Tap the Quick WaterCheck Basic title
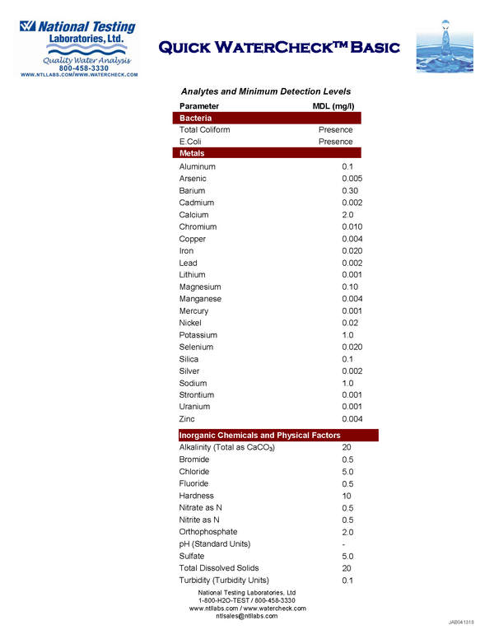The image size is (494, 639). point(279,47)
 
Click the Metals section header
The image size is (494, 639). point(192,153)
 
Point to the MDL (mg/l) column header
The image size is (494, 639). point(333,106)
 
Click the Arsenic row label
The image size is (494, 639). point(194,179)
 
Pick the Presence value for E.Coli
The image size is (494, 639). point(335,142)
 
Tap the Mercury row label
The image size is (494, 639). point(193,311)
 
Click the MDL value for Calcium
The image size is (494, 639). point(347,215)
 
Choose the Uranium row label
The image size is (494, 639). point(194,407)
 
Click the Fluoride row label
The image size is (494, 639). point(193,483)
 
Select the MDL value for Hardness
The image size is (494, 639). point(347,496)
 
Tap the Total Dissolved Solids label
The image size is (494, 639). point(218,568)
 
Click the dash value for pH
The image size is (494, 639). point(343,544)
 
